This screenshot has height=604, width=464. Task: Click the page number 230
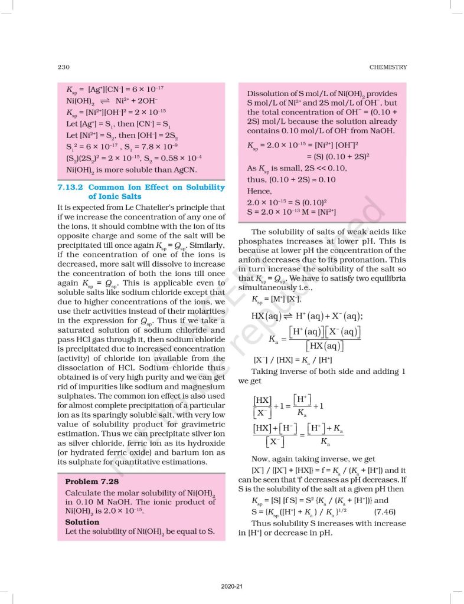click(64, 67)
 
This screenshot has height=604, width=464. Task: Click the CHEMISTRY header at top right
click(388, 67)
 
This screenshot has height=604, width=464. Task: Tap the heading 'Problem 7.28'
click(91, 481)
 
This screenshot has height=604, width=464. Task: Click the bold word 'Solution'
click(82, 521)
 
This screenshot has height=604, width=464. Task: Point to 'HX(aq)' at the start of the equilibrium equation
click(266, 316)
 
